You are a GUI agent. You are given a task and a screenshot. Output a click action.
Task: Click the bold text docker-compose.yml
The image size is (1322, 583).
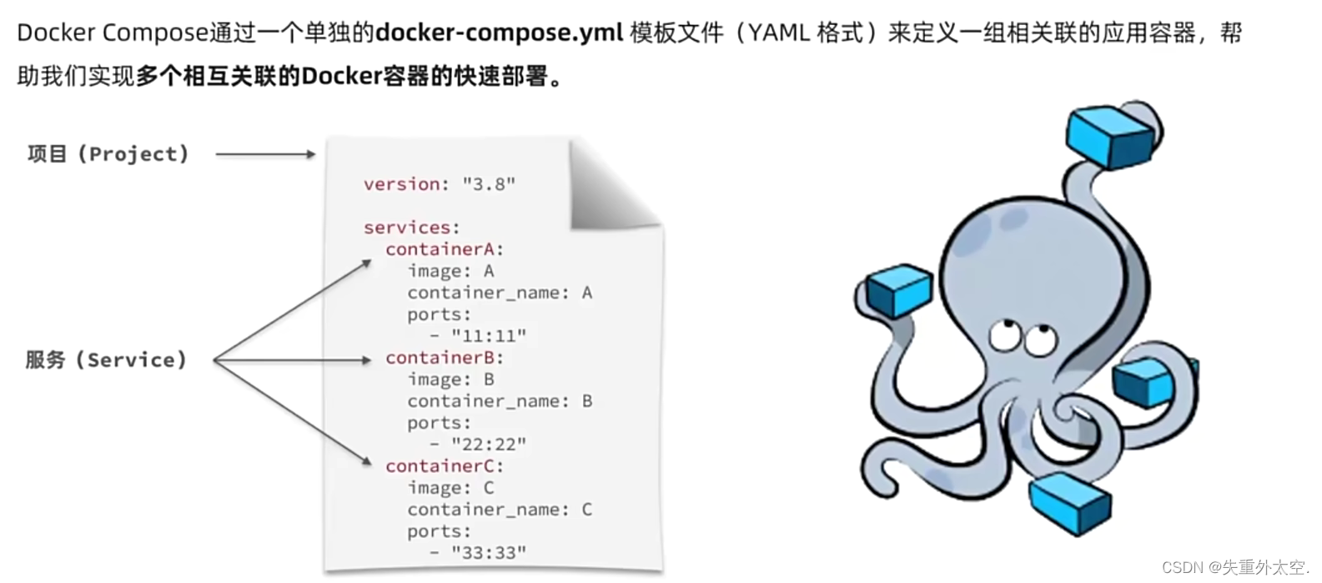(x=500, y=33)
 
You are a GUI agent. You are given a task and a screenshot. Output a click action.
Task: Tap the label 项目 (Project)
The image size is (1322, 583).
(x=108, y=154)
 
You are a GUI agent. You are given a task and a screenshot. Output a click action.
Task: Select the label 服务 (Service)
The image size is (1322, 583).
(x=106, y=360)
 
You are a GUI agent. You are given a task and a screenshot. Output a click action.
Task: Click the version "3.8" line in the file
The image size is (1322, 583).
(x=440, y=184)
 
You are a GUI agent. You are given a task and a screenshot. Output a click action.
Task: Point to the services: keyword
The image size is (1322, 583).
(x=411, y=227)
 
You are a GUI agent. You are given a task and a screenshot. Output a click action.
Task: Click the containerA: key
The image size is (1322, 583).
(x=445, y=249)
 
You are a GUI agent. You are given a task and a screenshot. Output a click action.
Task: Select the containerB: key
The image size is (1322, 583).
(x=445, y=358)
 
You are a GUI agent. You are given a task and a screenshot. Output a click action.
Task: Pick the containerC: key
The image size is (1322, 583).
(x=445, y=466)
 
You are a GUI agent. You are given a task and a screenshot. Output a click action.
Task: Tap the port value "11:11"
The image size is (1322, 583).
(x=489, y=336)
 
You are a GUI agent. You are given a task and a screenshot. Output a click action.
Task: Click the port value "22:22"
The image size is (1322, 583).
(x=489, y=444)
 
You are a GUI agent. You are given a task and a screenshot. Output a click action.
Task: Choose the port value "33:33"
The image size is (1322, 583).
(x=489, y=552)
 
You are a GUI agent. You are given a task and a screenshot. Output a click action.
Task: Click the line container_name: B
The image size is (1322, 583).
(x=500, y=401)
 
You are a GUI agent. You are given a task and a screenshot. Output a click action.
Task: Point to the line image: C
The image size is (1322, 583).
(x=451, y=488)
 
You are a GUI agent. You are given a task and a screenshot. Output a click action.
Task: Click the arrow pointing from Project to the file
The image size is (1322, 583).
(x=265, y=154)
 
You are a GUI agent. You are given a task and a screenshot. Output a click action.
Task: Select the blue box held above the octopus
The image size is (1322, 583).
(x=1109, y=137)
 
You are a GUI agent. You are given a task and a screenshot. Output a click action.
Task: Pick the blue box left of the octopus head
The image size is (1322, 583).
(x=899, y=290)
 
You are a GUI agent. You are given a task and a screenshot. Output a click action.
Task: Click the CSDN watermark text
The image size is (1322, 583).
(x=1235, y=567)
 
